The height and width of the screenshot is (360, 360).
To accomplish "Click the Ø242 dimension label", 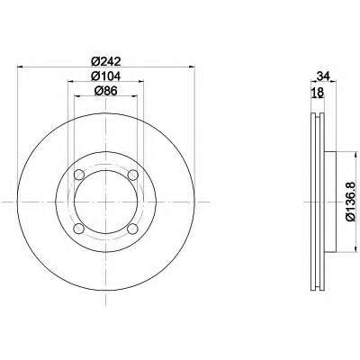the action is point(106,61).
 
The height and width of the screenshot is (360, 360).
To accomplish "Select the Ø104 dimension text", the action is point(106,76).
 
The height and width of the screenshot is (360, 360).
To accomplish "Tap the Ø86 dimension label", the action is point(106,91).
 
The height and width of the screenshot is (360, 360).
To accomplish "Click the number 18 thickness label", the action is point(318,93).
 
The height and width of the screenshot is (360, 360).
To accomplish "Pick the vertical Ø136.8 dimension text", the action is point(350,202).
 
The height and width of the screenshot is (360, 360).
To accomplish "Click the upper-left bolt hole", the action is point(79,175).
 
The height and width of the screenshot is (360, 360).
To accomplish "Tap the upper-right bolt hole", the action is point(132,175).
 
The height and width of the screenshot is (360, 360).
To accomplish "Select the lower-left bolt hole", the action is point(79,229).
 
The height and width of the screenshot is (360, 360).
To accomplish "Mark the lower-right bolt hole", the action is point(132,229).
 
